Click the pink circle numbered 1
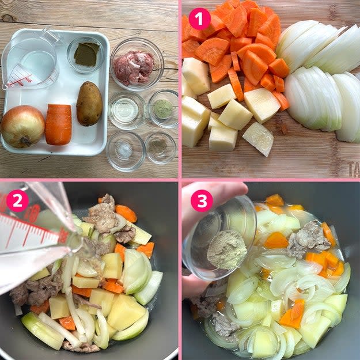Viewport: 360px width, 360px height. pyautogui.click(x=200, y=19)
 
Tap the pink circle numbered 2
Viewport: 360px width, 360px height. pyautogui.click(x=17, y=201)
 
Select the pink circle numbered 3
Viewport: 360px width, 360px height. pyautogui.click(x=202, y=201)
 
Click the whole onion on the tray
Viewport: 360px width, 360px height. pyautogui.click(x=22, y=126)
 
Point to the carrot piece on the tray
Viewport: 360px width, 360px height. pyautogui.click(x=58, y=124)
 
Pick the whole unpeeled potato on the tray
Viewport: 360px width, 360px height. pyautogui.click(x=89, y=104)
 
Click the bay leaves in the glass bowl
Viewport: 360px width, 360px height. pyautogui.click(x=86, y=54)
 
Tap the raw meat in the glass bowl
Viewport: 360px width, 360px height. pyautogui.click(x=134, y=67)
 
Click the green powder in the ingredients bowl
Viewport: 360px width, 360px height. pyautogui.click(x=163, y=109)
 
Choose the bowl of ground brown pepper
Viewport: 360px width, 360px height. pyautogui.click(x=161, y=148)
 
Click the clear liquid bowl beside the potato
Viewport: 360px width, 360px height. pyautogui.click(x=127, y=111)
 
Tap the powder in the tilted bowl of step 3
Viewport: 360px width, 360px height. pyautogui.click(x=226, y=249)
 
